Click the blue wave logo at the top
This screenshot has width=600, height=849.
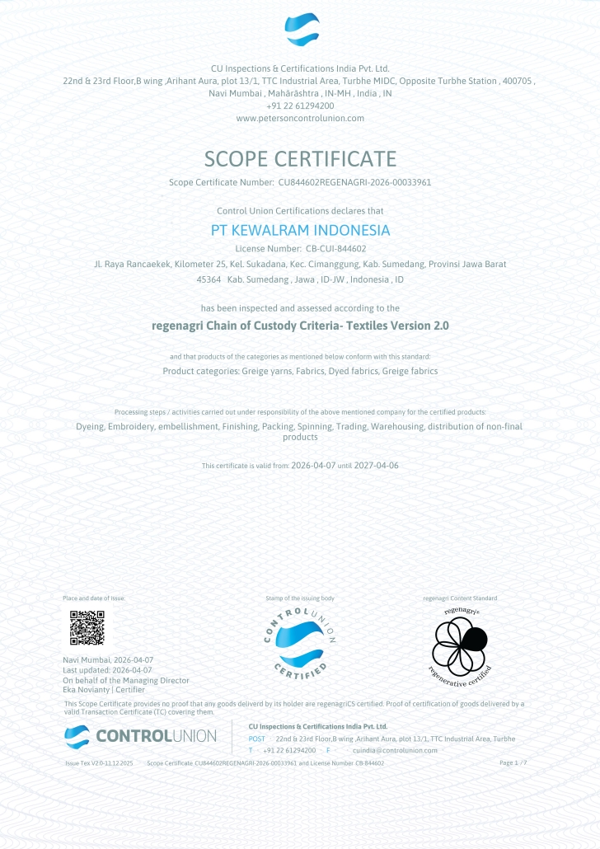click(x=302, y=30)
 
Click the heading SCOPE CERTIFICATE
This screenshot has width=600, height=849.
click(x=300, y=158)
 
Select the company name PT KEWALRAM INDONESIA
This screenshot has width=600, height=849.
click(x=300, y=230)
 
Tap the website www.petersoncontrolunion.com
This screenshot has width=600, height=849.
click(x=300, y=118)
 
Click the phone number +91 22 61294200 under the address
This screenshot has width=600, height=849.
click(x=300, y=106)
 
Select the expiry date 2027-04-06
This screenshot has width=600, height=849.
click(x=376, y=466)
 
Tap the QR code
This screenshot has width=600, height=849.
click(x=87, y=628)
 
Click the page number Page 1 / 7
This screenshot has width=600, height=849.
click(x=513, y=763)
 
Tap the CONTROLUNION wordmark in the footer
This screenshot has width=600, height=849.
click(x=156, y=735)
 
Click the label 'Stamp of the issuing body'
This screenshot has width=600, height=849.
click(x=300, y=598)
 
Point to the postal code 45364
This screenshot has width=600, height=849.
click(x=209, y=280)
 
